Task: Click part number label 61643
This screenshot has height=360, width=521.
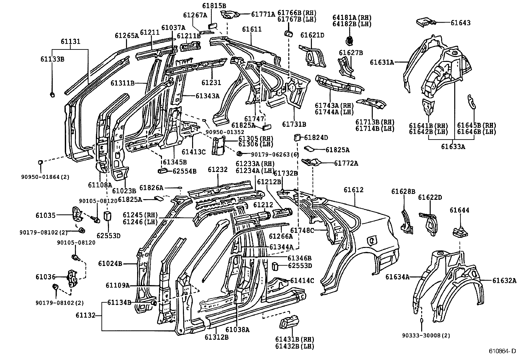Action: pos(460,23)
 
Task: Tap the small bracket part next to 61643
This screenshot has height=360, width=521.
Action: pos(425,22)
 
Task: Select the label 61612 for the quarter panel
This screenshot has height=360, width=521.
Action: pos(353,190)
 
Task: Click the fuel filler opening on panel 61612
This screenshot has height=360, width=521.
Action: pos(371,240)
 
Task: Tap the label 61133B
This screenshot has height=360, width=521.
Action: pos(52,59)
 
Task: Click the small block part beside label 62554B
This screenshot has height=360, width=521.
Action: pos(163,170)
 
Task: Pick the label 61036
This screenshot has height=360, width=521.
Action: pos(45,277)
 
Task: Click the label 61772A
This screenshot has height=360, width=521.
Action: pos(346,163)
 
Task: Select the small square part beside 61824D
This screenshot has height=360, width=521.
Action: pos(296,137)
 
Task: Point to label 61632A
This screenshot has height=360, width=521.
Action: pos(504,280)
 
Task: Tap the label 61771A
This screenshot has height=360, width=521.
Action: pos(263,14)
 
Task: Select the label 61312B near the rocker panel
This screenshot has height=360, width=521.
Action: pos(217,337)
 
